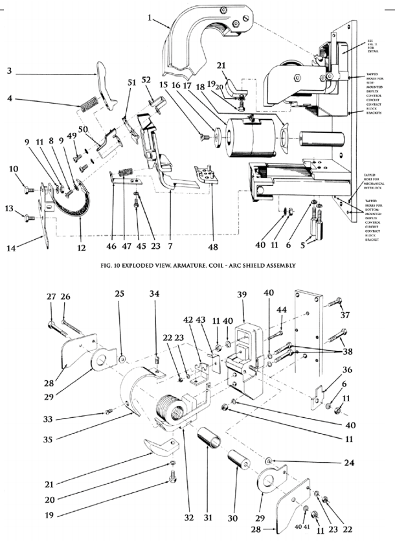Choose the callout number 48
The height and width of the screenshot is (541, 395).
pyautogui.click(x=212, y=246)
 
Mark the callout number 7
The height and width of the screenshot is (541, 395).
pyautogui.click(x=170, y=246)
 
